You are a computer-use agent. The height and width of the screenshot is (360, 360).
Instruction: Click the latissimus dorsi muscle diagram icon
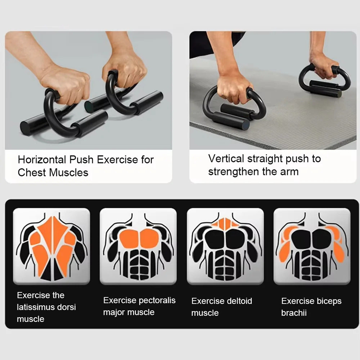coord(51,246)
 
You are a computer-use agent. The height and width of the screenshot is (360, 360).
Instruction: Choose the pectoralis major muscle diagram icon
coord(138,246)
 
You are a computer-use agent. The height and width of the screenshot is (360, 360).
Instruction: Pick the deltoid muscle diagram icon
coord(225,246)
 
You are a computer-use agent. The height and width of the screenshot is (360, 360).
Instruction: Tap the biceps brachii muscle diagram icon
coord(312,246)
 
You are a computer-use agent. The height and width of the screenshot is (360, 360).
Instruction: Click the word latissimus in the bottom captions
coord(36,307)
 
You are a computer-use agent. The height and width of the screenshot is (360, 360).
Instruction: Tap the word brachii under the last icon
coord(294,313)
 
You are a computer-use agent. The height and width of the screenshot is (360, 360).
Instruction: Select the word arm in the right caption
coord(290,171)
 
